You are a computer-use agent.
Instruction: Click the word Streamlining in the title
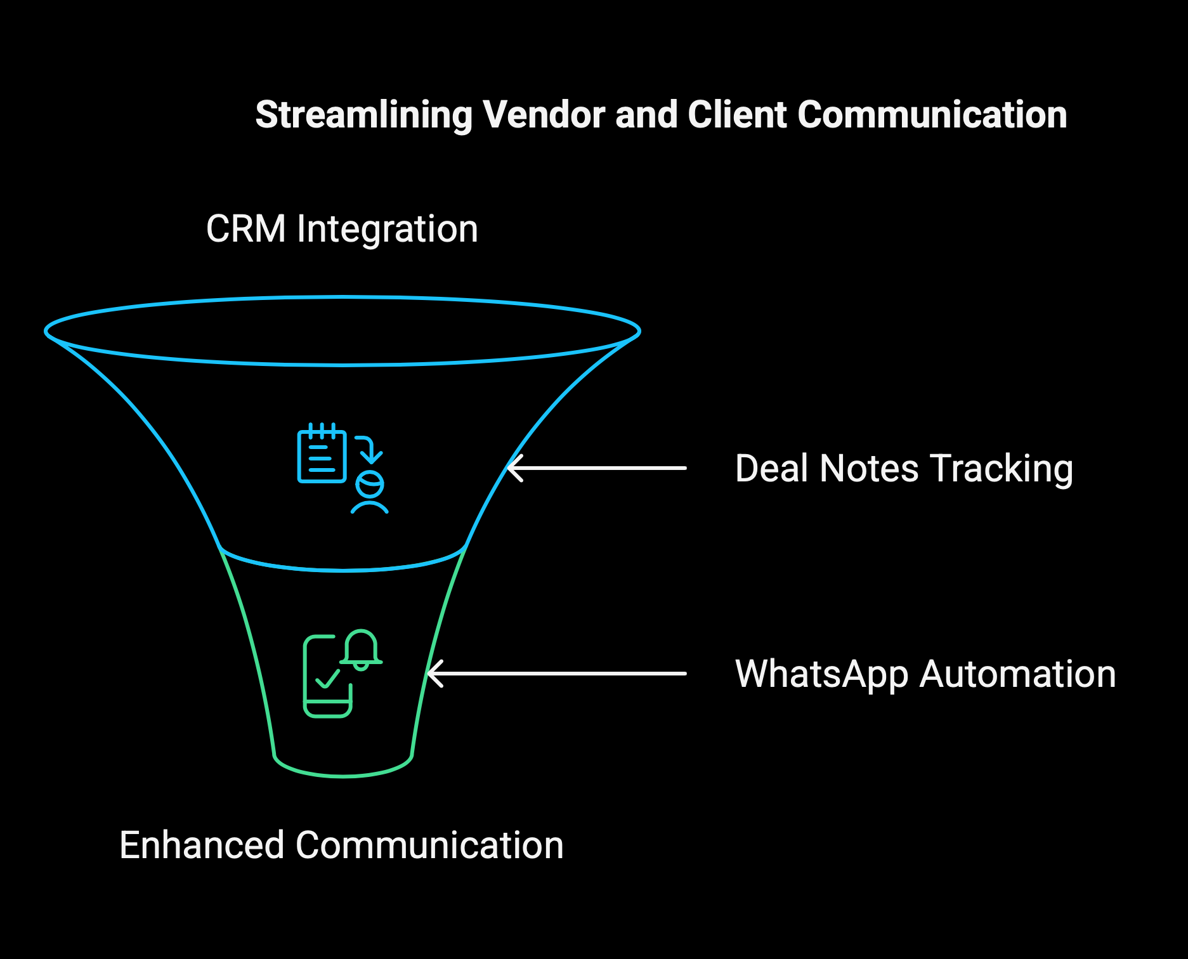pyautogui.click(x=364, y=116)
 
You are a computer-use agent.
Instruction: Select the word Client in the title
pyautogui.click(x=737, y=115)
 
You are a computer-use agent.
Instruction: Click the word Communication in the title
pyautogui.click(x=932, y=115)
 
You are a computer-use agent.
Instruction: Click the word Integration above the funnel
pyautogui.click(x=388, y=230)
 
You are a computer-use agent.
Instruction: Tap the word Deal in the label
pyautogui.click(x=772, y=469)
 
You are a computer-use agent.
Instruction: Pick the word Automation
pyautogui.click(x=1017, y=674)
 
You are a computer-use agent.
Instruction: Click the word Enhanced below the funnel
pyautogui.click(x=202, y=845)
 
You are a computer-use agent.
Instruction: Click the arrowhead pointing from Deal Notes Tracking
pyautogui.click(x=514, y=468)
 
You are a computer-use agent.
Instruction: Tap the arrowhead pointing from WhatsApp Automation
pyautogui.click(x=435, y=674)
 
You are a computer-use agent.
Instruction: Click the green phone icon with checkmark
pyautogui.click(x=327, y=676)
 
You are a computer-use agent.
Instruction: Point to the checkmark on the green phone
pyautogui.click(x=328, y=678)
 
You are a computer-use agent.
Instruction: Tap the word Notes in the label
pyautogui.click(x=869, y=469)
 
